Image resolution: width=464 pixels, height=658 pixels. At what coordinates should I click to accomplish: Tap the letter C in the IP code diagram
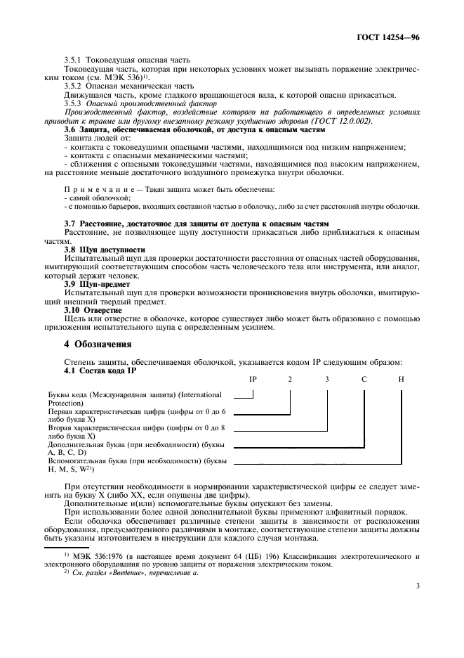(x=364, y=379)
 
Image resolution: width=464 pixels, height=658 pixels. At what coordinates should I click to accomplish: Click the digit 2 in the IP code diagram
(x=289, y=379)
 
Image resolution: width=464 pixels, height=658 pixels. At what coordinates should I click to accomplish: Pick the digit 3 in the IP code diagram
(x=326, y=379)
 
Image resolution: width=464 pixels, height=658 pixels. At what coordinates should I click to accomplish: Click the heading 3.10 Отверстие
(x=93, y=309)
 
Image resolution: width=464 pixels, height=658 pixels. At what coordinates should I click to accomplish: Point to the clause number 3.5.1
(x=73, y=60)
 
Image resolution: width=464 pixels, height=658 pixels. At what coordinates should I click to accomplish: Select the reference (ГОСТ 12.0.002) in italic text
(x=352, y=120)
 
